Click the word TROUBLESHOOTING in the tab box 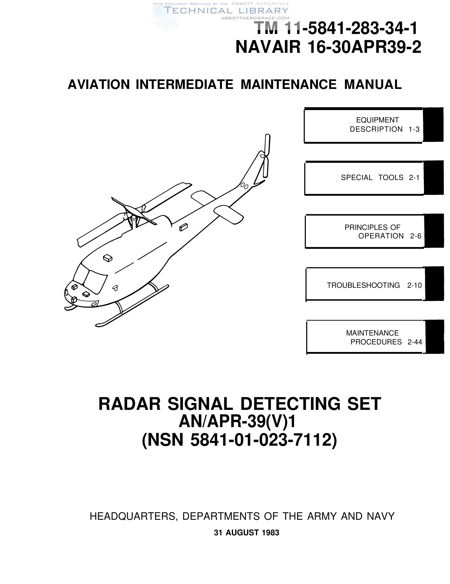(x=363, y=285)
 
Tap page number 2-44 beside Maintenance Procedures (x=415, y=342)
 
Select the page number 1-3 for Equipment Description (x=414, y=130)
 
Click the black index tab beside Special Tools (x=434, y=178)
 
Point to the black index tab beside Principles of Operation (x=434, y=230)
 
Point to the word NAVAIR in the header (x=268, y=47)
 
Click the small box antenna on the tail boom (x=183, y=227)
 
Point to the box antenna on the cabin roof (x=108, y=258)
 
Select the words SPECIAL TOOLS (x=372, y=178)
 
